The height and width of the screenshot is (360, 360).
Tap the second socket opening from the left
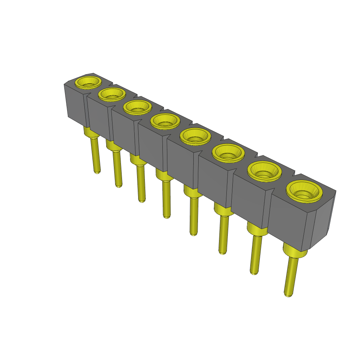click(112, 94)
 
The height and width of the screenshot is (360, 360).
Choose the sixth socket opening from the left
click(229, 153)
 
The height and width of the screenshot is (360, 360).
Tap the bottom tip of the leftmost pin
click(97, 172)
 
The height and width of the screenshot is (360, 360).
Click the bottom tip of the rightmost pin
click(288, 295)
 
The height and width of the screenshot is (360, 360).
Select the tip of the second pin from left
click(119, 185)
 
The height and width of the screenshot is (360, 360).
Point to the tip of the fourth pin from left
click(167, 217)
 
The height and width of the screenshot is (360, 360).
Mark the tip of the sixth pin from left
click(222, 252)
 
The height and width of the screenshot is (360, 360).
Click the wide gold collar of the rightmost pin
click(295, 252)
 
